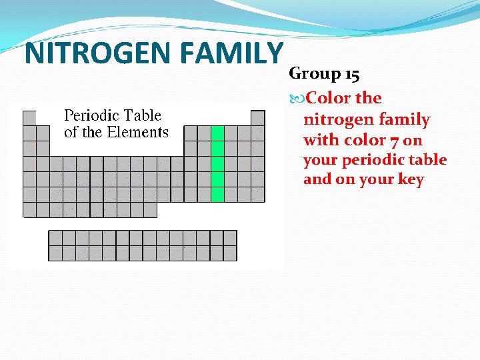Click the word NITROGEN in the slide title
[x=87, y=53]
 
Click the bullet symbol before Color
[x=297, y=99]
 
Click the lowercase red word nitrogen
[x=334, y=119]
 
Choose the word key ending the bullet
[x=411, y=180]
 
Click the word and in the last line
[x=317, y=180]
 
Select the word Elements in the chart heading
[x=139, y=132]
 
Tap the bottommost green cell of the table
[x=217, y=194]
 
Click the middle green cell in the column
[x=217, y=164]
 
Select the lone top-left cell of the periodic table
[x=29, y=118]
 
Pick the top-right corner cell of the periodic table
[x=257, y=118]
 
